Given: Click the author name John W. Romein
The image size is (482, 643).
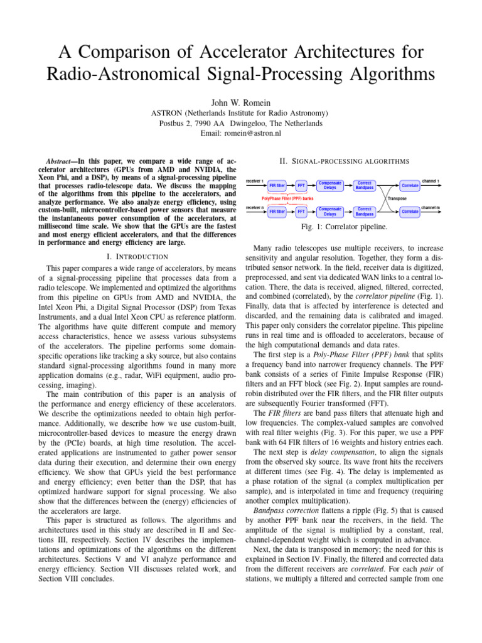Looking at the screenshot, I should point(240,101).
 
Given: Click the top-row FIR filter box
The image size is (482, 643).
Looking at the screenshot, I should point(277,185).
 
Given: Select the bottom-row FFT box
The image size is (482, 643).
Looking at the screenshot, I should point(301,212).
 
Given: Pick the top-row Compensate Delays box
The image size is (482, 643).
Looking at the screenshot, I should point(329,185).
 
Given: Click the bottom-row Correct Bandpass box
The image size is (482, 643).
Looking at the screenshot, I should point(365,211).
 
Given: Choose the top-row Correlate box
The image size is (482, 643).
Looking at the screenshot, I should point(410,185).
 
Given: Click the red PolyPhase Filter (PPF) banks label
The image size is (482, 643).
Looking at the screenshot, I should point(288,198).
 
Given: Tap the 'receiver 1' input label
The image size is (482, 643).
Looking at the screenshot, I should point(255,180).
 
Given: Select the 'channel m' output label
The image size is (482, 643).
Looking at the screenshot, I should point(430,207).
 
